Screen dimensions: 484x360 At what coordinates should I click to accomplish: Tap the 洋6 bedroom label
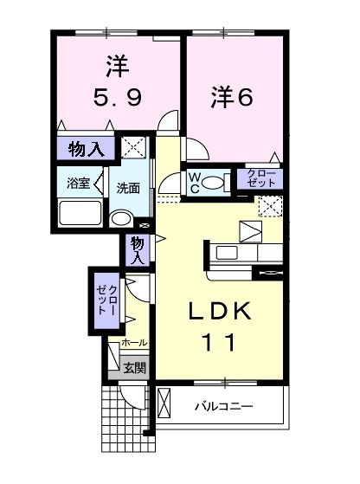[231, 98]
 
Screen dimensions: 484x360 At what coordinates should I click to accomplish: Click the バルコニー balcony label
[222, 405]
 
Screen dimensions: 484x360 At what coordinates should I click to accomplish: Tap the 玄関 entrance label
[134, 367]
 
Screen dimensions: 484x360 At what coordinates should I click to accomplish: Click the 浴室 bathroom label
[76, 184]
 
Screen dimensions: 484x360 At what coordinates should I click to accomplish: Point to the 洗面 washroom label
[128, 187]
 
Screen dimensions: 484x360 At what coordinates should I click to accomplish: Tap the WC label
[196, 182]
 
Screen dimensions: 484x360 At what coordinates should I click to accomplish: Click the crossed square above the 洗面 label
[133, 146]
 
